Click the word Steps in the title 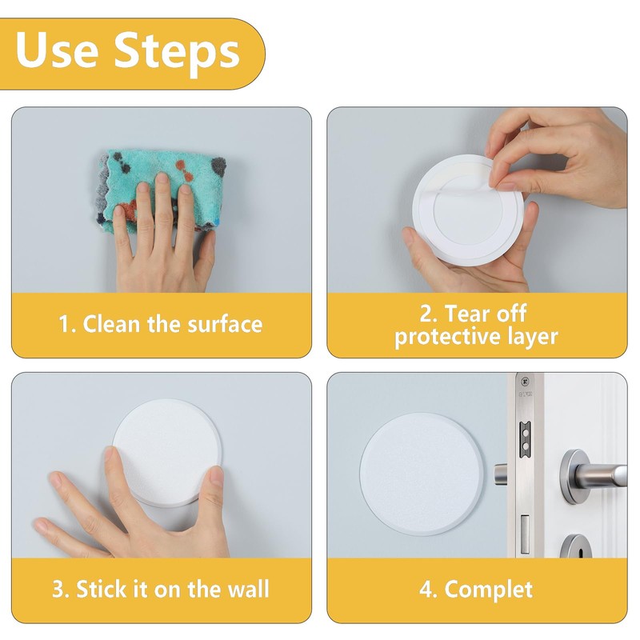[176, 53]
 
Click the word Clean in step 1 [111, 324]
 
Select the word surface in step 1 [225, 324]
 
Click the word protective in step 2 [448, 337]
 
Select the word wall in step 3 [249, 589]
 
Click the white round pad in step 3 [166, 452]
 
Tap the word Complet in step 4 [489, 590]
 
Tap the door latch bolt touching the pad [501, 474]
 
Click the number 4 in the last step [426, 590]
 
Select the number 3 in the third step [58, 590]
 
